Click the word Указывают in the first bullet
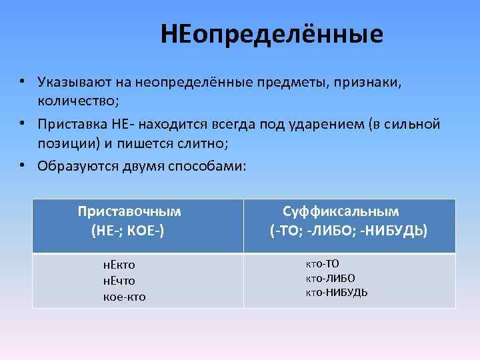coord(72,83)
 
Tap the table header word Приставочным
coord(129,212)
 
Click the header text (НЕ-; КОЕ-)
coord(128,231)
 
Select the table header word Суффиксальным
coord(341,212)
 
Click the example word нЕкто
coord(119,265)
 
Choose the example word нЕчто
coord(119,281)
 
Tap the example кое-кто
coord(124,297)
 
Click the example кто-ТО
coord(323,263)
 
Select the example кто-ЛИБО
coord(330,278)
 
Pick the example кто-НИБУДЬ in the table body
coord(336,293)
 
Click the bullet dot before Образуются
coord(22,163)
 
